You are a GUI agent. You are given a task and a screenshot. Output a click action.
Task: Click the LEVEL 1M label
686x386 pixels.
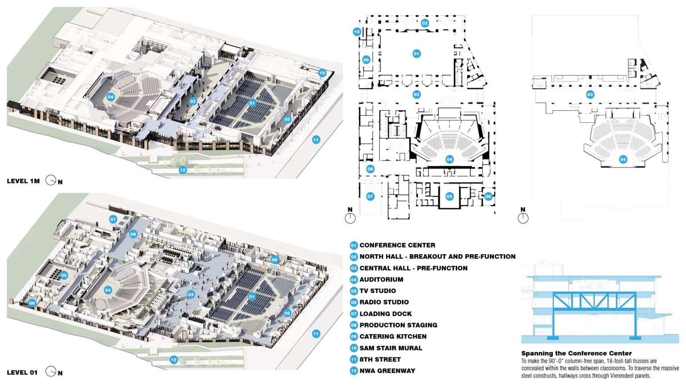pos(23,181)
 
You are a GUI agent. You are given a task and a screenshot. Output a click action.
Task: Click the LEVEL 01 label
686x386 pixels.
pos(22,373)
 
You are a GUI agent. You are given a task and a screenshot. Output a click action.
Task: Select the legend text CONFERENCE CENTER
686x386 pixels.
pos(397,245)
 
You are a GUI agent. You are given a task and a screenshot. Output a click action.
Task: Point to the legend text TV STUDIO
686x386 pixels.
pos(377,291)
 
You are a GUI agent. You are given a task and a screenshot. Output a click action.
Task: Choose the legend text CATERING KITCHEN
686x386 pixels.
pos(393,336)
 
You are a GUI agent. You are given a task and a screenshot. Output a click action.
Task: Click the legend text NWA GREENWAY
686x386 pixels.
pos(387,371)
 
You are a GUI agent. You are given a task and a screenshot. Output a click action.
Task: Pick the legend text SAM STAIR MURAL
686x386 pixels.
pos(391,348)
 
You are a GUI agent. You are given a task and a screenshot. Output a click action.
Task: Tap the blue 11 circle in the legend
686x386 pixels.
pos(354,359)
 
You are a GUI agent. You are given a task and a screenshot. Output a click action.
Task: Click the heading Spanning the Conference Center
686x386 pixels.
pos(577,353)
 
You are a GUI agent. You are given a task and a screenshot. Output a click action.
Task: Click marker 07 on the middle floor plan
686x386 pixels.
pos(370,197)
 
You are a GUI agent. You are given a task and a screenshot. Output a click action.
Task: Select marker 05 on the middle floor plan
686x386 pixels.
pos(449,197)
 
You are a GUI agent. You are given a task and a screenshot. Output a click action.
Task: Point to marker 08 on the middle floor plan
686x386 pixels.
pos(370,169)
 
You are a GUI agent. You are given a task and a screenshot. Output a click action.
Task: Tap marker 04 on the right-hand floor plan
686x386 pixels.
pos(623,159)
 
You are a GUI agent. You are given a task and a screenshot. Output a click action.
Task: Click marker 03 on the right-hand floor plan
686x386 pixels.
pos(590,95)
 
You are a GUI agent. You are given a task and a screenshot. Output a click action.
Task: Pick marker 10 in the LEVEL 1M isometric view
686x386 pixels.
pos(322,73)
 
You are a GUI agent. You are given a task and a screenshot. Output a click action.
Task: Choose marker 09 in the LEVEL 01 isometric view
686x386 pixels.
pos(274,260)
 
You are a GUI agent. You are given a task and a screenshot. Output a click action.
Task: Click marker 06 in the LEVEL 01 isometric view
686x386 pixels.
pos(32,303)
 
